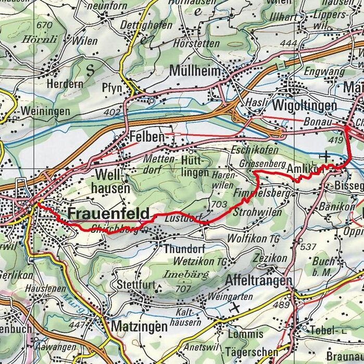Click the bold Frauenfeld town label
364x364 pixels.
pos(108,214)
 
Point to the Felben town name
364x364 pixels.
pos(146,137)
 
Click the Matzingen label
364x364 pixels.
pos(140,327)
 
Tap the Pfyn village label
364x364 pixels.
pos(112,88)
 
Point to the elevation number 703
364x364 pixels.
pos(220,205)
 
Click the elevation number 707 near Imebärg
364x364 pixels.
pos(184,288)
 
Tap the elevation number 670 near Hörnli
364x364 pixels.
pos(45,24)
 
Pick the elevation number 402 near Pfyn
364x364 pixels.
pos(111,112)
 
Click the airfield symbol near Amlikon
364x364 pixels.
pos(326,156)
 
